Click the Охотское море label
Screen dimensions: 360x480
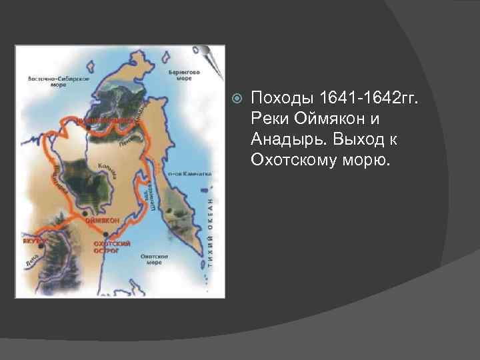153,259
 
